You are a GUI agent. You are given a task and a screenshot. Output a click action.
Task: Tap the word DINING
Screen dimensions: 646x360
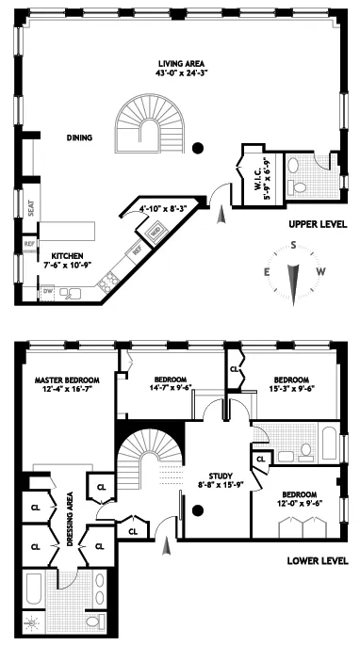point(79,138)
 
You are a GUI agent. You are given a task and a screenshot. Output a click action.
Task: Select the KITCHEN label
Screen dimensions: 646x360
point(68,255)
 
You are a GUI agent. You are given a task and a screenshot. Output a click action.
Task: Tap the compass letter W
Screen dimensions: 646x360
point(322,272)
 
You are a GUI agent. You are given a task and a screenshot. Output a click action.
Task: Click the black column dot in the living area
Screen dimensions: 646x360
point(198,147)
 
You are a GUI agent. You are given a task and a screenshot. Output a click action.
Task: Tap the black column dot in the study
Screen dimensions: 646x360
point(198,511)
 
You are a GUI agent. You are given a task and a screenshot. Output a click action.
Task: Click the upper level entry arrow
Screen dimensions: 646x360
point(221,216)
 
